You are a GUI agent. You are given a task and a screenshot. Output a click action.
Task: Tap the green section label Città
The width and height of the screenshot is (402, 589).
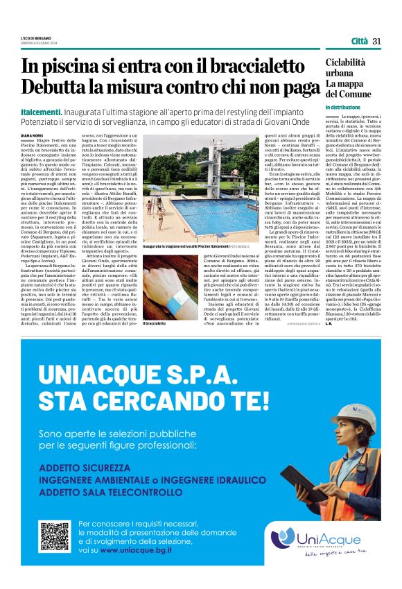(359, 41)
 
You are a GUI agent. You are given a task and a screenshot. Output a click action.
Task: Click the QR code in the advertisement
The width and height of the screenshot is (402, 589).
(55, 536)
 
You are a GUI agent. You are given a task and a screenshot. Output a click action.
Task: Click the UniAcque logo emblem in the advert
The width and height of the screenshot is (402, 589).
(283, 538)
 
